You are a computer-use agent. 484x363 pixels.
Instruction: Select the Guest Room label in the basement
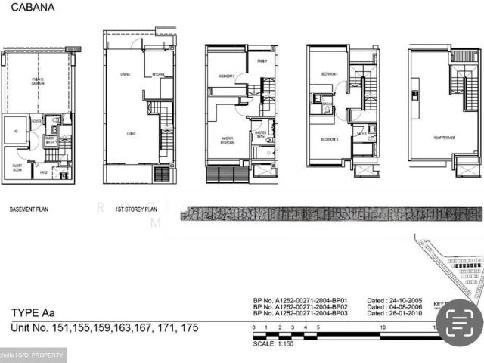coord(17,167)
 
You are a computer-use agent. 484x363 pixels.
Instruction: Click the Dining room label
coord(125,74)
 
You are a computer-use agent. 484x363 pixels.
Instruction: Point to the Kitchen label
coord(158,74)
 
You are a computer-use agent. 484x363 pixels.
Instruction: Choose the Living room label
coord(130,133)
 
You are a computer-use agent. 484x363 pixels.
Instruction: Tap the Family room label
coord(262,60)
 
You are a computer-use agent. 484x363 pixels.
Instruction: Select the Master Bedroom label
coord(227,140)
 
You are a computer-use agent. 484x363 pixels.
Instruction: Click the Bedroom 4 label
coord(328,74)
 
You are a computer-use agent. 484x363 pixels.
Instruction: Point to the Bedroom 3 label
coord(327,140)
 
